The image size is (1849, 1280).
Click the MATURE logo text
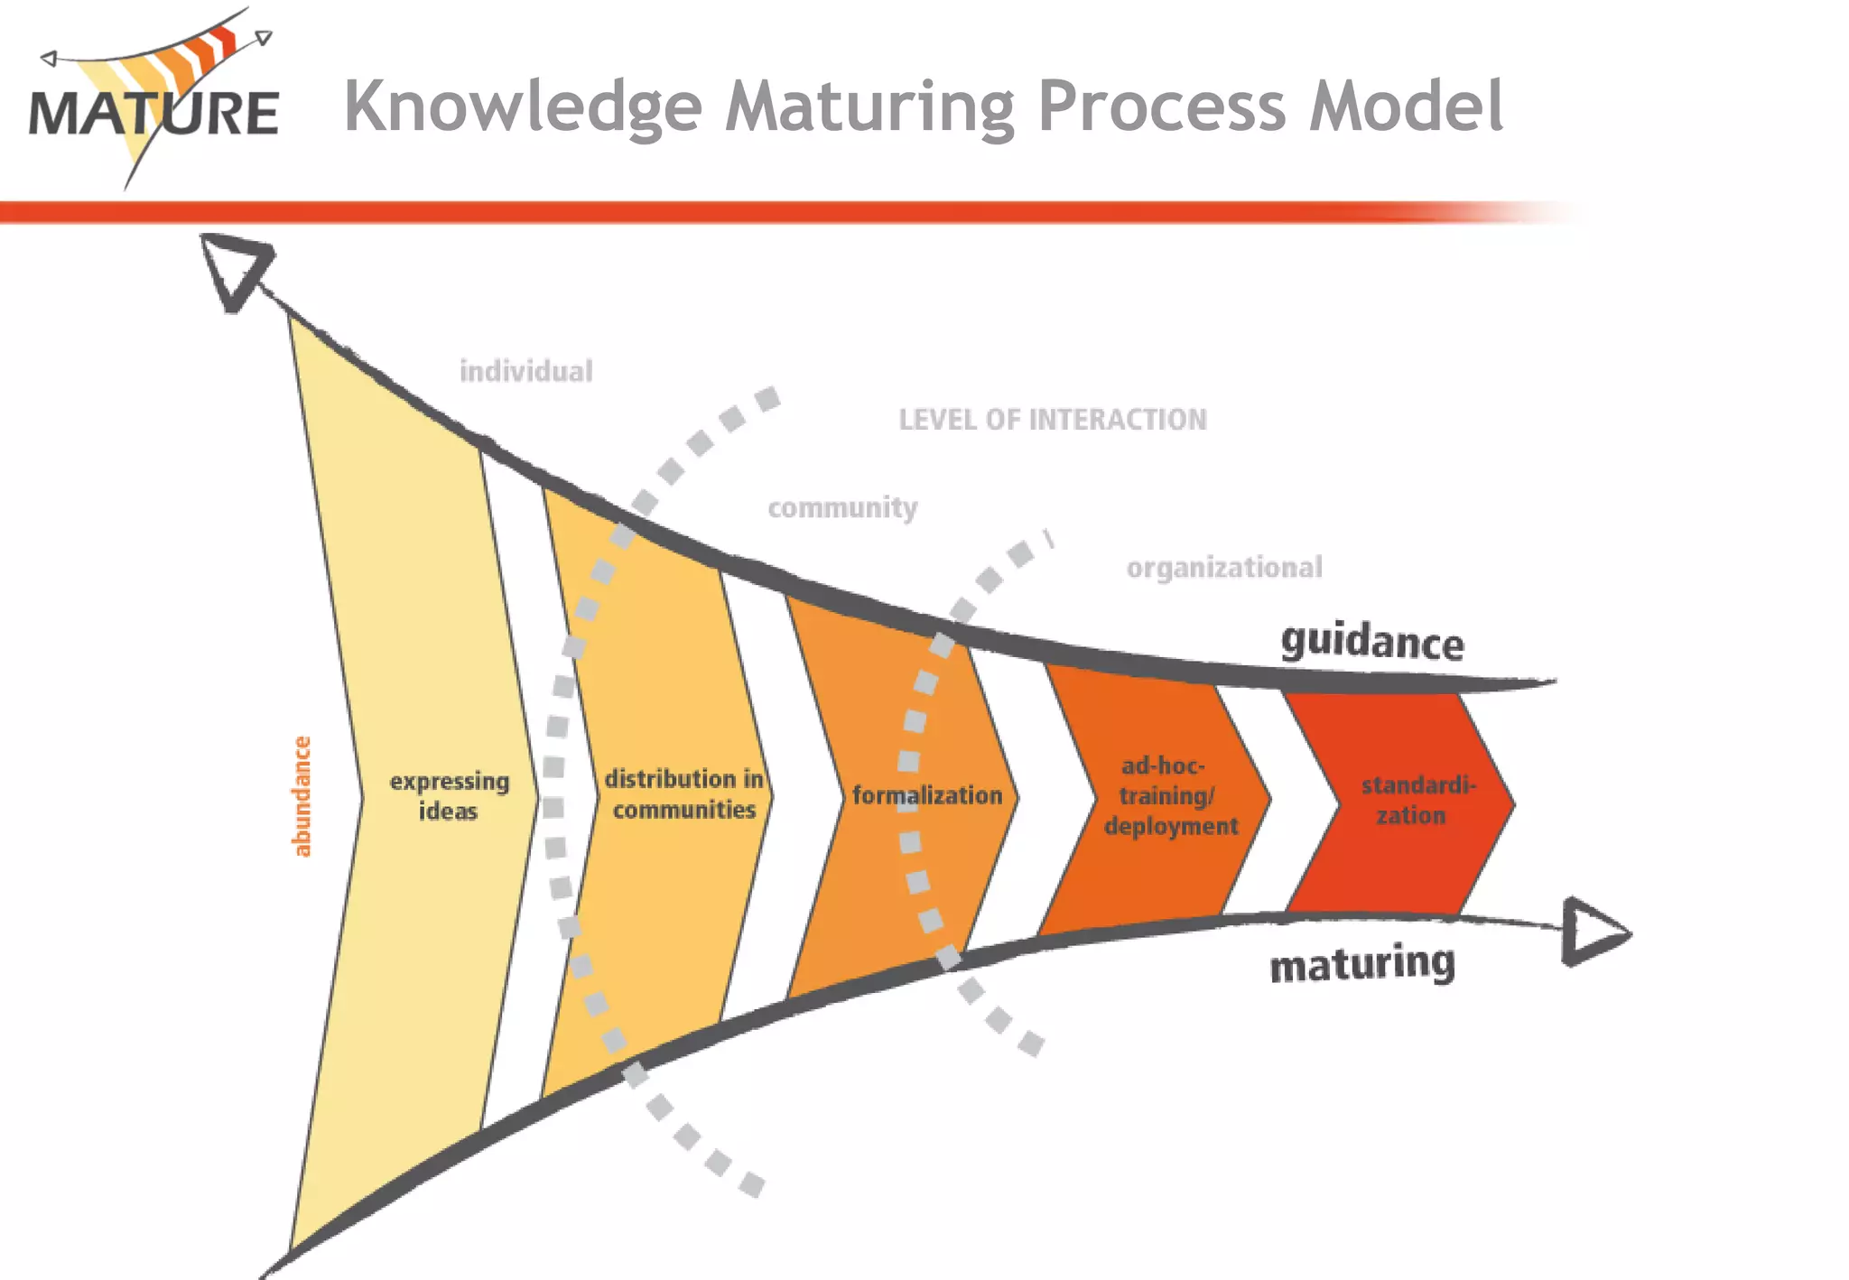tap(153, 114)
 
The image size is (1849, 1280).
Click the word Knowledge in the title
tap(523, 107)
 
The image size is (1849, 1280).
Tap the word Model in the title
tap(1406, 106)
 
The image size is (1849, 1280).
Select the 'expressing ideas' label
tap(449, 795)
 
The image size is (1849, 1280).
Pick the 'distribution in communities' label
tap(683, 793)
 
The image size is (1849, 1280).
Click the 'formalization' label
tap(926, 795)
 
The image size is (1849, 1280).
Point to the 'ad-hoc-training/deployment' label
tap(1169, 795)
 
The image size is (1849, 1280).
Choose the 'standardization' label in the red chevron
tap(1417, 800)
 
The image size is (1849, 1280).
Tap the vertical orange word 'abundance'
tap(302, 796)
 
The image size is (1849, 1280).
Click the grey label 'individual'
tap(525, 371)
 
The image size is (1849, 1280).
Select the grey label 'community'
tap(842, 507)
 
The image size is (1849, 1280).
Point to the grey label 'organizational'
tap(1223, 568)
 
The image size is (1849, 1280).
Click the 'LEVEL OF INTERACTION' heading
tap(1052, 420)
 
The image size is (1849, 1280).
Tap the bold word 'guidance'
tap(1371, 642)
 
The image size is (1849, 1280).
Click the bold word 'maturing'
tap(1361, 964)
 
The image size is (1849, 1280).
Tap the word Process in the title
tap(1161, 107)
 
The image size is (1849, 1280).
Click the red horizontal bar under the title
tap(722, 212)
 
